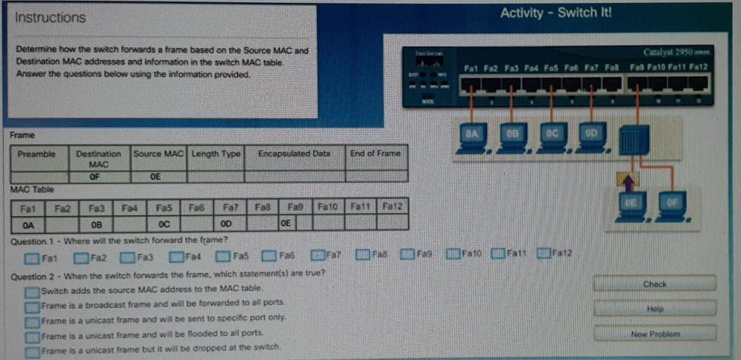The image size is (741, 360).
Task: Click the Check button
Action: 654,284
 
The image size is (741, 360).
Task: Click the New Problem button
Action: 654,334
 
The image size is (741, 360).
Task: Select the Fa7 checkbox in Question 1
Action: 318,255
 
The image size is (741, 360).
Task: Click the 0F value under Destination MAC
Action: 98,176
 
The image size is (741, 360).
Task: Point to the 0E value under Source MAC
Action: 157,176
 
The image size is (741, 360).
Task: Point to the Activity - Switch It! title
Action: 555,13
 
